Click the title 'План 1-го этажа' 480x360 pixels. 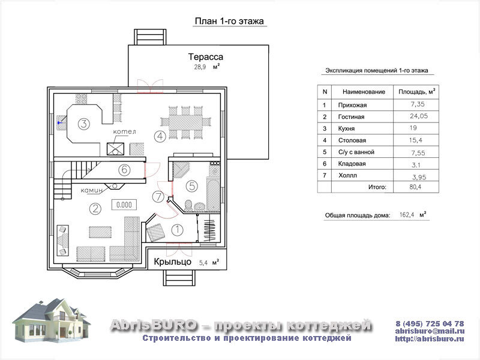[x=229, y=21]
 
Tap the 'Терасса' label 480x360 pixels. [x=205, y=56]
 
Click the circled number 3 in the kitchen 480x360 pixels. [x=83, y=124]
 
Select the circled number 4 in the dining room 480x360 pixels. [x=160, y=136]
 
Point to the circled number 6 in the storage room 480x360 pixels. [x=124, y=170]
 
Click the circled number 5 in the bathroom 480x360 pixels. [x=192, y=186]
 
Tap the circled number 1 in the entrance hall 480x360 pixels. [x=177, y=230]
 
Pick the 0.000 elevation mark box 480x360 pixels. [x=124, y=205]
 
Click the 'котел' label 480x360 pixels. [x=124, y=131]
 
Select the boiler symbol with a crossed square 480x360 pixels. [x=115, y=149]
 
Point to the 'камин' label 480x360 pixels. [x=92, y=190]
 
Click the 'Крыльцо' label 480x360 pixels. [x=172, y=262]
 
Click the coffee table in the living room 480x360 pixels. [x=100, y=232]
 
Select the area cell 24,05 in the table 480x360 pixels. [x=419, y=116]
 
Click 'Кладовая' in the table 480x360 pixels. [x=352, y=164]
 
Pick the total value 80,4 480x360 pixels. [x=415, y=187]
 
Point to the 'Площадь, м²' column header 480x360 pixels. [x=416, y=92]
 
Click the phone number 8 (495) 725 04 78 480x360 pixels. [x=430, y=323]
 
